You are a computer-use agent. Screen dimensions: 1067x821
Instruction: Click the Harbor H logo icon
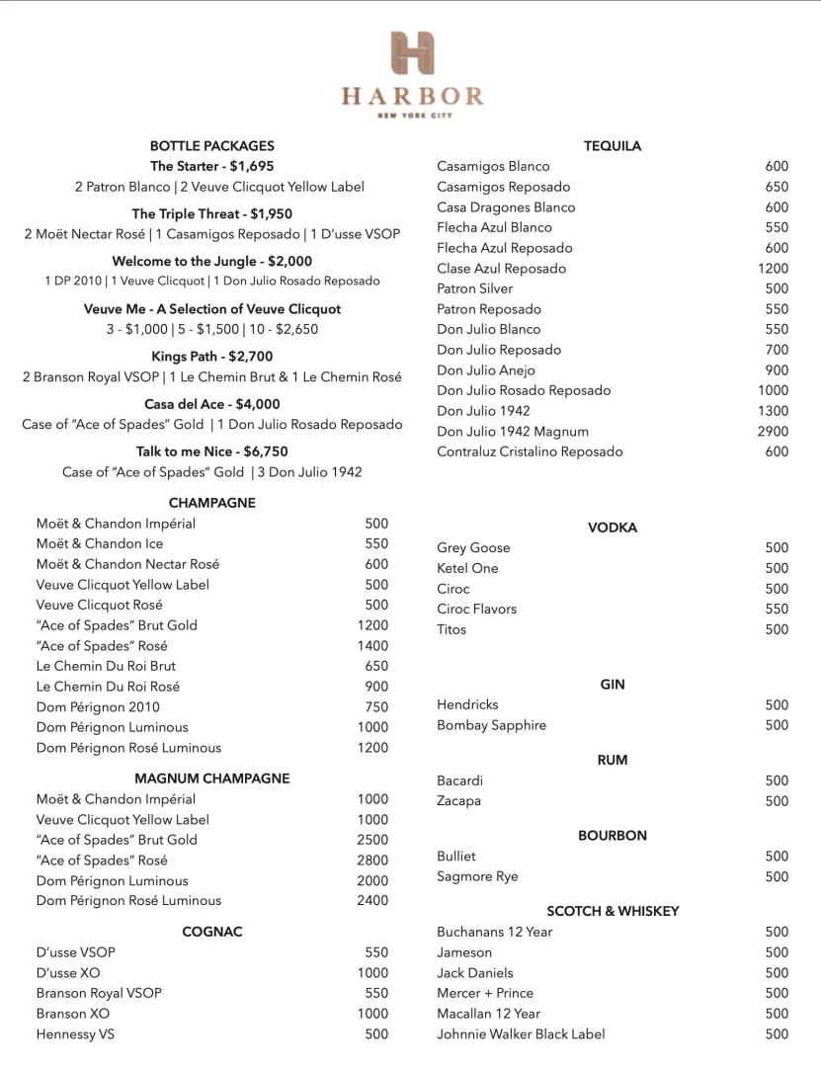[x=412, y=52]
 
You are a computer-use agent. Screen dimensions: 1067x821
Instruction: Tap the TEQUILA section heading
[x=613, y=146]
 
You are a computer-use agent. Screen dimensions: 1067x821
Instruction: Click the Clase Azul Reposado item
[x=502, y=269]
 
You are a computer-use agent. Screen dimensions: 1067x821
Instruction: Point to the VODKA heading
[x=613, y=528]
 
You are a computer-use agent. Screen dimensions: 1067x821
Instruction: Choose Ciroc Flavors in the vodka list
[x=477, y=610]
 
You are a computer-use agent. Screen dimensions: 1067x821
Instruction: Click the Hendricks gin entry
[x=467, y=705]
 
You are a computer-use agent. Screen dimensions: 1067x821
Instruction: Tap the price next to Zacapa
[x=777, y=801]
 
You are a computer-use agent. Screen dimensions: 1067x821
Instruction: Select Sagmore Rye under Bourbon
[x=477, y=877]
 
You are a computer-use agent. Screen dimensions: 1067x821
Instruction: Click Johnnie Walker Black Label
[x=521, y=1034]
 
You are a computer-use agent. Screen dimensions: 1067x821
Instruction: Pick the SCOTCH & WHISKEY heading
[x=613, y=911]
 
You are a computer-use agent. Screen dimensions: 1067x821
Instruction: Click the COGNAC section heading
[x=212, y=932]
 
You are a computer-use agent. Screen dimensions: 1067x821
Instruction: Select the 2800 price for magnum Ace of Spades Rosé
[x=372, y=861]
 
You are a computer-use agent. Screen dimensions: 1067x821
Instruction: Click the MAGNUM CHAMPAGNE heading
[x=212, y=779]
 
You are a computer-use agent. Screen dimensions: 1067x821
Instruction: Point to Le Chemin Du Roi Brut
[x=106, y=666]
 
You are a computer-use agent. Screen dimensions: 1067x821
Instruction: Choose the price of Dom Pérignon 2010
[x=376, y=707]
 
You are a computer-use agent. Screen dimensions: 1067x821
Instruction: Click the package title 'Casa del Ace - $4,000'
[x=212, y=404]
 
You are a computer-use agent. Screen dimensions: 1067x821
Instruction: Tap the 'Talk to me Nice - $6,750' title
[x=212, y=451]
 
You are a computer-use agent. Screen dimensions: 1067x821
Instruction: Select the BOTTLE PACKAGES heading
[x=212, y=146]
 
